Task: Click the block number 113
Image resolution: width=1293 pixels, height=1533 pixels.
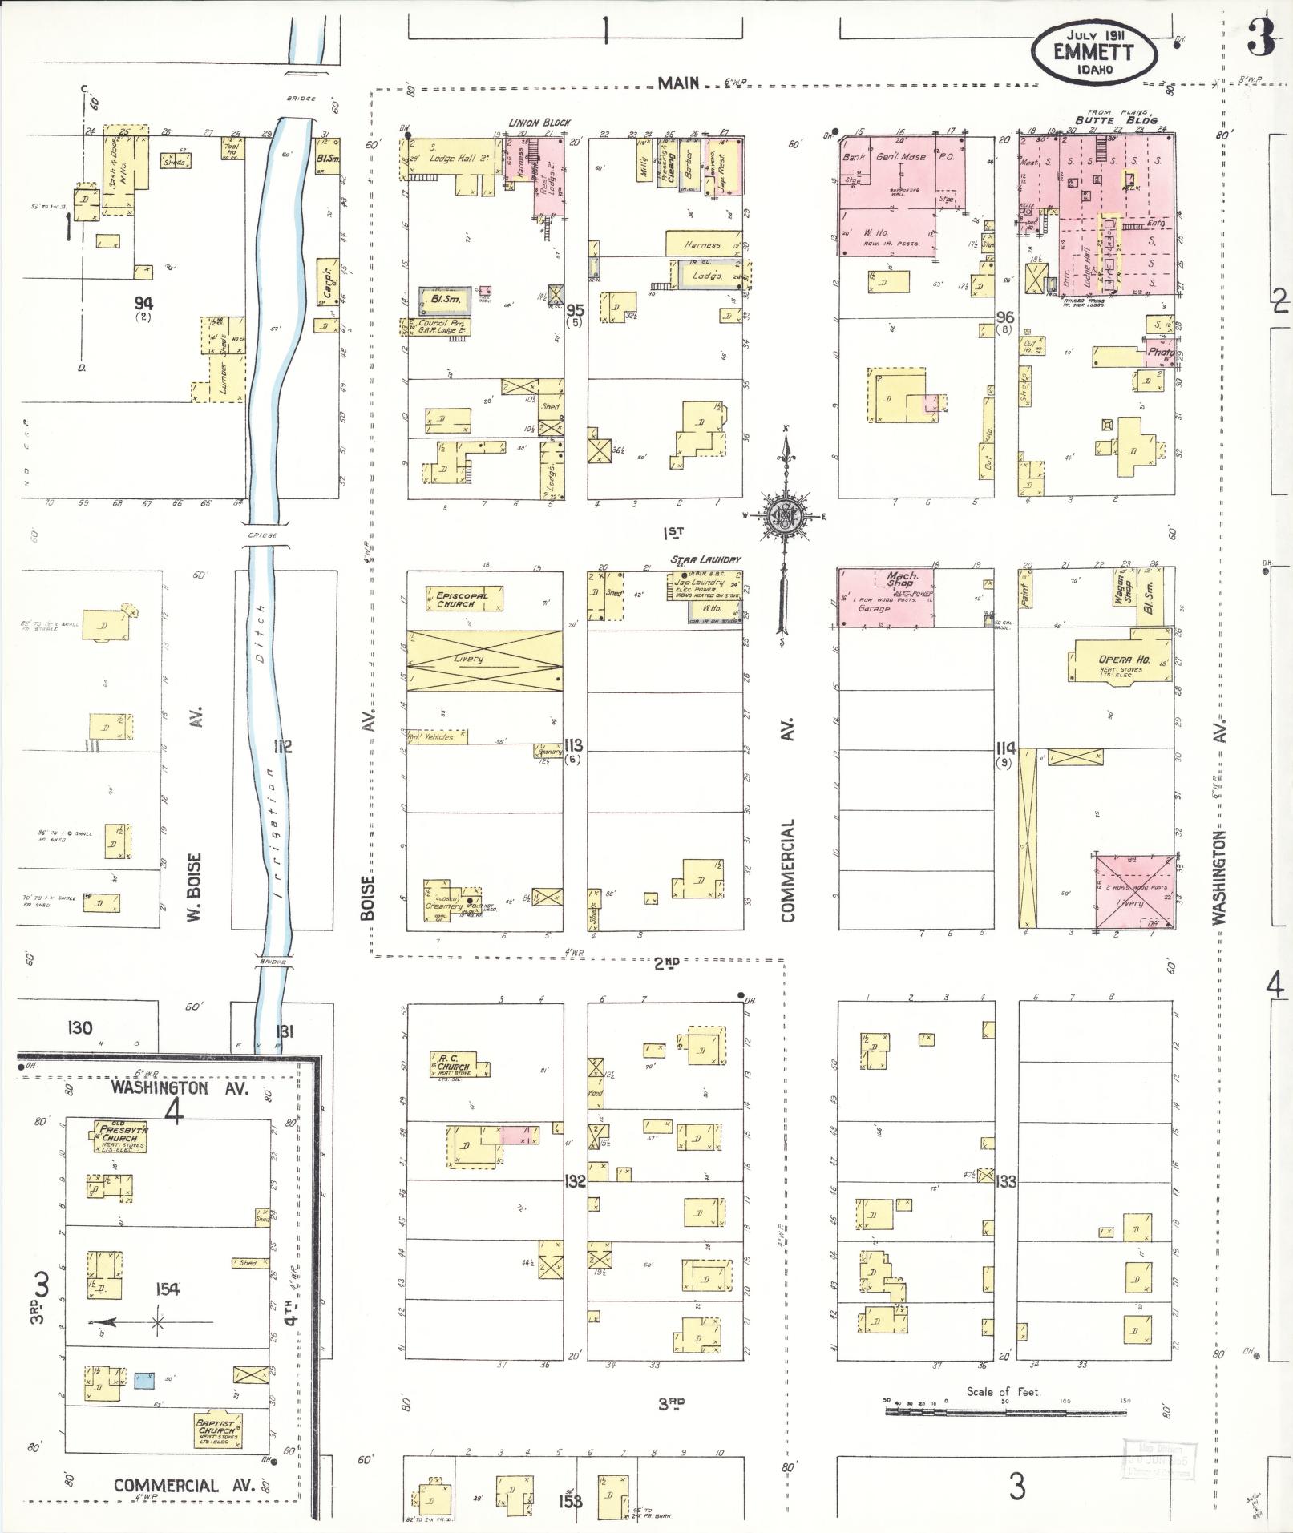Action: (x=573, y=743)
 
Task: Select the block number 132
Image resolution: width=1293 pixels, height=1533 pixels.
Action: (x=575, y=1180)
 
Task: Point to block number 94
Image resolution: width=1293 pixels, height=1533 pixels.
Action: (x=143, y=302)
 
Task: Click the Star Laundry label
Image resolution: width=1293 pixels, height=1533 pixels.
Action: (x=706, y=559)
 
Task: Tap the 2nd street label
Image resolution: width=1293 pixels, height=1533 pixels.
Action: (x=665, y=964)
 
